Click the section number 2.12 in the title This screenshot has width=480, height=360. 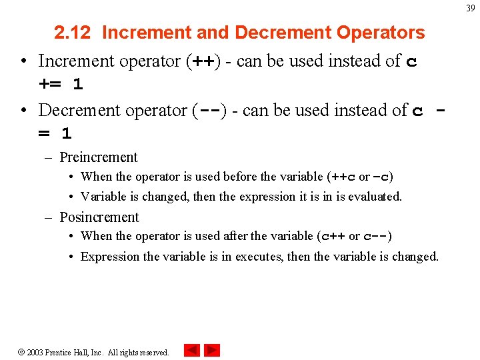[x=74, y=33]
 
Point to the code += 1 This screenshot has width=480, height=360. [x=61, y=85]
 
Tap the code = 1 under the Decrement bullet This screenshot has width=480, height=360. [x=55, y=134]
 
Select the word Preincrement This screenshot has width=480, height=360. [x=99, y=157]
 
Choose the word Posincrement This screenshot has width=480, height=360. [x=99, y=217]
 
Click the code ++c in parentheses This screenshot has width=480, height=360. [x=342, y=177]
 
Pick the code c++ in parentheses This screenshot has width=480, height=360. [x=333, y=237]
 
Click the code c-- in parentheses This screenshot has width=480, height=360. [x=376, y=237]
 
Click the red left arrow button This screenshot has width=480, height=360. [x=191, y=350]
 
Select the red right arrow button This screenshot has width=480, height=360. [x=212, y=350]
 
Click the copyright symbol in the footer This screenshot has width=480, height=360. [x=21, y=352]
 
